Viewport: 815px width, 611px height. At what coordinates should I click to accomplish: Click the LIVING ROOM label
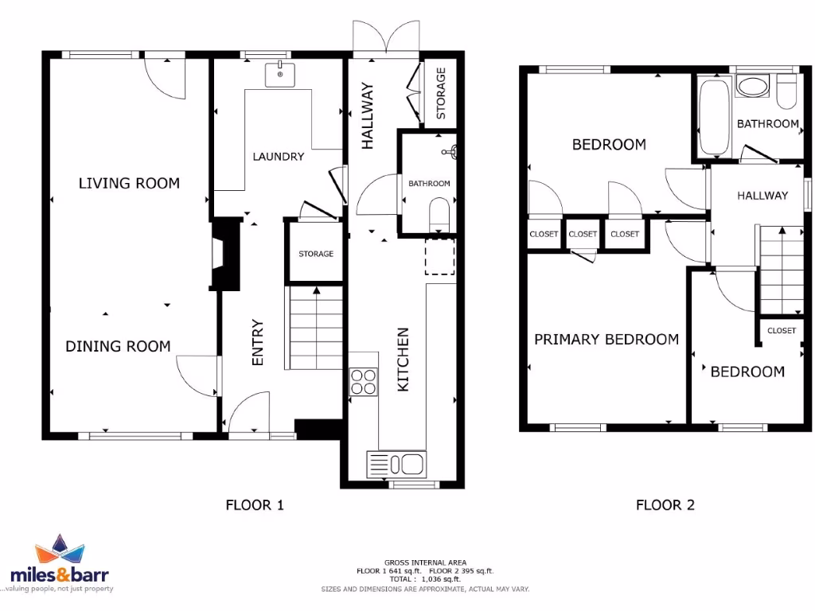(x=129, y=183)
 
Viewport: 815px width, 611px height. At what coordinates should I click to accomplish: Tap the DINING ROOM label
(x=118, y=346)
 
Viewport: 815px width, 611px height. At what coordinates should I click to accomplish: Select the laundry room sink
(x=280, y=74)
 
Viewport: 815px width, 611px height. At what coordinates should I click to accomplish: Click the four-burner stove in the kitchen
(x=363, y=382)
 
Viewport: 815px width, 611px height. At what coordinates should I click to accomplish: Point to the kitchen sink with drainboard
(x=397, y=463)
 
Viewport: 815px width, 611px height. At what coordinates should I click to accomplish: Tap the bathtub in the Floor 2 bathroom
(x=714, y=117)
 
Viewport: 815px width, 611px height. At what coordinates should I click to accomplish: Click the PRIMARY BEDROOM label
(x=606, y=340)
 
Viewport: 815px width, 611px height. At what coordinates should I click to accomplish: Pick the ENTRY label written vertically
(x=257, y=343)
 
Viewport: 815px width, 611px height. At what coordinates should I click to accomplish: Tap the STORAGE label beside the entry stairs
(x=316, y=254)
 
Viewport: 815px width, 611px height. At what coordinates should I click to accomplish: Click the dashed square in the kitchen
(x=439, y=255)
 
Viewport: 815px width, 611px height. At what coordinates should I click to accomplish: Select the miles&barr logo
(x=60, y=565)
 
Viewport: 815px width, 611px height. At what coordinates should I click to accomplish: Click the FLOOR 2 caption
(x=665, y=504)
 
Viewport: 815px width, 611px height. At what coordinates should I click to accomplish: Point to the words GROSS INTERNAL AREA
(x=425, y=562)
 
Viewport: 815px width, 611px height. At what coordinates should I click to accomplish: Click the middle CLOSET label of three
(x=583, y=234)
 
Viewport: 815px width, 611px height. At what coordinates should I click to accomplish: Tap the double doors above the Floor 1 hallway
(x=385, y=41)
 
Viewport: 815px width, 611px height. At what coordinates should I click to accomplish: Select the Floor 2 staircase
(x=782, y=270)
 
